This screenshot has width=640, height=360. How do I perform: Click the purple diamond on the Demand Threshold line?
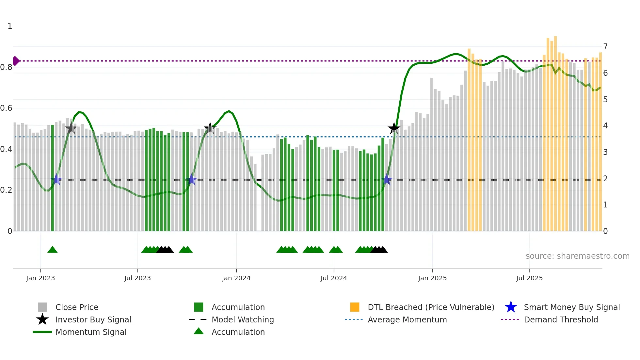tap(16, 61)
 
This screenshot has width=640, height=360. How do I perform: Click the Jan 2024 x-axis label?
tap(236, 278)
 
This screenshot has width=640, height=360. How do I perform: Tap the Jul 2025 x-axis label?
tap(529, 278)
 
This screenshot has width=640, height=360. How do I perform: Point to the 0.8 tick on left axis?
tap(7, 67)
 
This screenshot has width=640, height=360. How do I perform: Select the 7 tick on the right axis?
tap(605, 47)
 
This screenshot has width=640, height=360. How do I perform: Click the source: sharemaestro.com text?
tap(577, 256)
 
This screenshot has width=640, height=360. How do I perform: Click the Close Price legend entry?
tap(77, 307)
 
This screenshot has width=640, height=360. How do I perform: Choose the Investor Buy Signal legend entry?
tap(93, 320)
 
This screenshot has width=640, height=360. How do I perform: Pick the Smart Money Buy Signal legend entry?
tap(571, 307)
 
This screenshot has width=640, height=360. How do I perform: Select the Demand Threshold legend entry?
tap(561, 320)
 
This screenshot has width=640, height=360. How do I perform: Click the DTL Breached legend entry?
tap(431, 307)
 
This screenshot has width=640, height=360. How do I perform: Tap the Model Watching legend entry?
tap(243, 320)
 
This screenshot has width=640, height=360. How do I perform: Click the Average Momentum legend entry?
tap(407, 320)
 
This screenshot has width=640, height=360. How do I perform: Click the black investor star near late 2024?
tap(394, 128)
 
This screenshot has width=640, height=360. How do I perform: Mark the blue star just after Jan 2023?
tap(56, 179)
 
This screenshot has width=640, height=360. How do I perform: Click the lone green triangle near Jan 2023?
tap(52, 250)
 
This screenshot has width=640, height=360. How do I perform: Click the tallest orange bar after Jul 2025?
tap(555, 131)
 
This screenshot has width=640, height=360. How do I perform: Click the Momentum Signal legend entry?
tap(91, 332)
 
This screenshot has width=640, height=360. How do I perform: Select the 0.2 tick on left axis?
tap(7, 190)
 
